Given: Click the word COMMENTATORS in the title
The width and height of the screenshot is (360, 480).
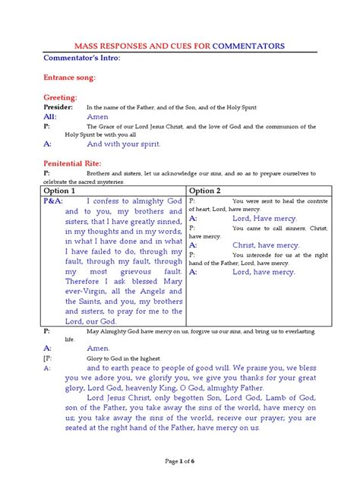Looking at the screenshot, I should [249, 46].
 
